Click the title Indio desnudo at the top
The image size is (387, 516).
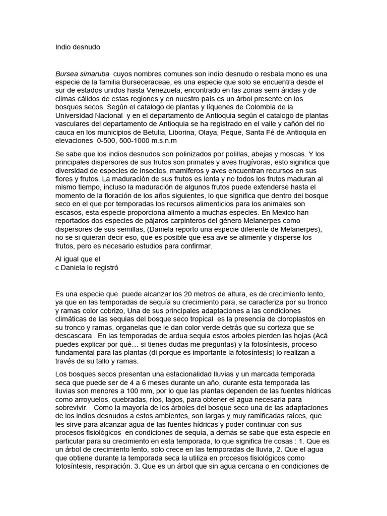click(78, 47)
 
